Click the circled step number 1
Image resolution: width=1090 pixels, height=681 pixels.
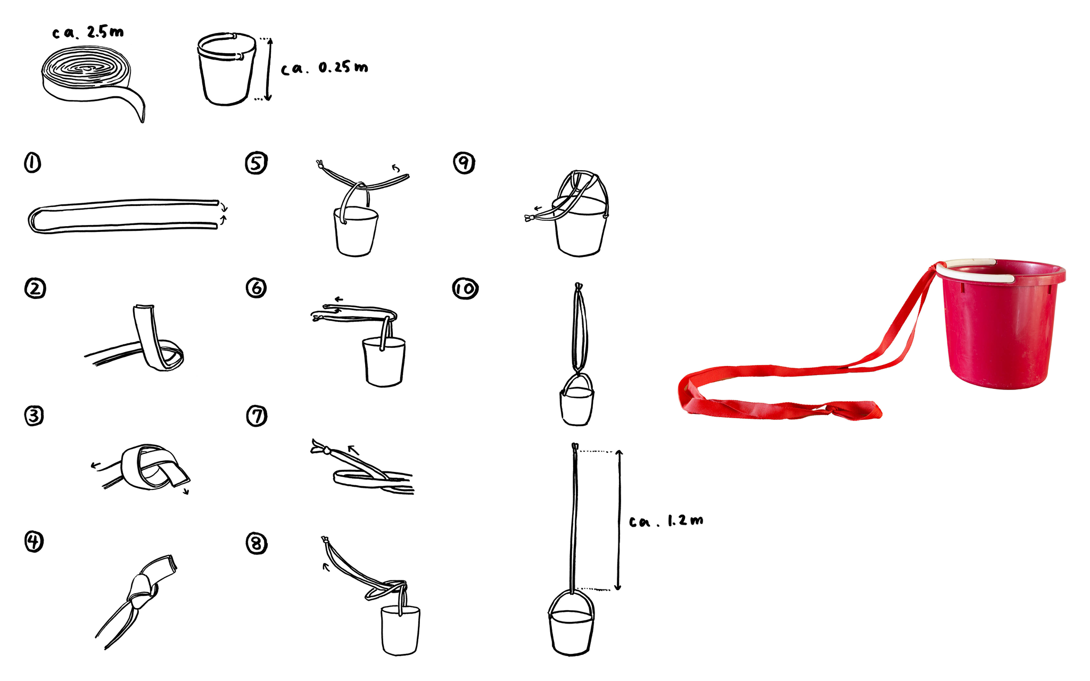pyautogui.click(x=32, y=163)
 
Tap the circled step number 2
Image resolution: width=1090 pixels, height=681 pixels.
pyautogui.click(x=35, y=288)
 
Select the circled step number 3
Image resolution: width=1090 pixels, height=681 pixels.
pyautogui.click(x=34, y=415)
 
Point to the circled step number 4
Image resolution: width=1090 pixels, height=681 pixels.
pyautogui.click(x=34, y=542)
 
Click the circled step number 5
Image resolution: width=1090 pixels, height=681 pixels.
pyautogui.click(x=256, y=163)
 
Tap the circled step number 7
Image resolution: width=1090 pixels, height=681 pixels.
pyautogui.click(x=257, y=415)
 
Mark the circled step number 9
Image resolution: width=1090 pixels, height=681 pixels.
pyautogui.click(x=464, y=163)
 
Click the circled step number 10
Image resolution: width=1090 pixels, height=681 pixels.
pyautogui.click(x=465, y=288)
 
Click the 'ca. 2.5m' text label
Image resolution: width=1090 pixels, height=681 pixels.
pyautogui.click(x=88, y=32)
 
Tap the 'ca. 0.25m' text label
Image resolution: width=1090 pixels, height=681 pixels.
pyautogui.click(x=324, y=68)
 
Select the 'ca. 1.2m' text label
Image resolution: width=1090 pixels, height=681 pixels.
pyautogui.click(x=666, y=521)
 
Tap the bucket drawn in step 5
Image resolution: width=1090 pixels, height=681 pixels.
pyautogui.click(x=356, y=231)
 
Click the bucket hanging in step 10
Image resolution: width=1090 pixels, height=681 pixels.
pyautogui.click(x=576, y=400)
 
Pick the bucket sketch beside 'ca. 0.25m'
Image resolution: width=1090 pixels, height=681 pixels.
pyautogui.click(x=227, y=69)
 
